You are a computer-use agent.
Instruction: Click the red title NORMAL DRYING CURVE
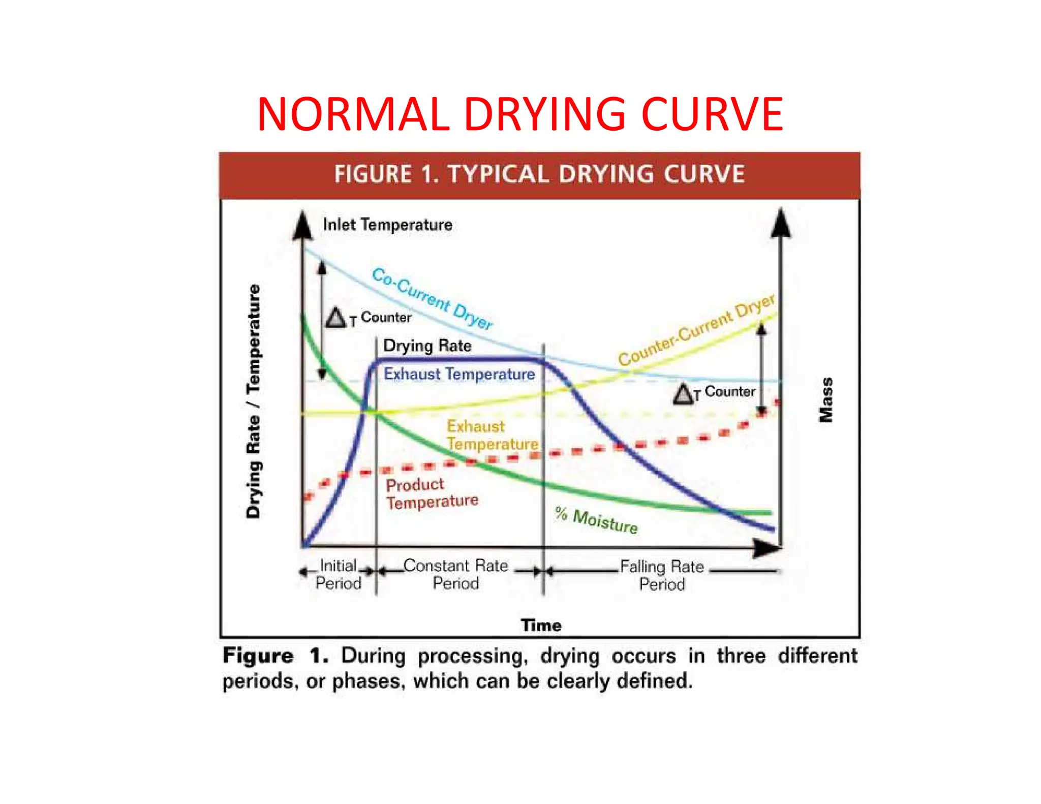pos(519,114)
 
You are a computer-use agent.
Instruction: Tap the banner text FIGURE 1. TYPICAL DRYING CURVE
pos(539,174)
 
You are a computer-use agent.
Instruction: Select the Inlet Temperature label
pos(387,225)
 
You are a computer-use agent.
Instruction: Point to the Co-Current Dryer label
pos(433,299)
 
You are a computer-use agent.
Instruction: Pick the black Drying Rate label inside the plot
pos(427,346)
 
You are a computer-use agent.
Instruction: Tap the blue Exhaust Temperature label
pos(459,374)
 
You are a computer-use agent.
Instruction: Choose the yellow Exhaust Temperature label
pos(492,435)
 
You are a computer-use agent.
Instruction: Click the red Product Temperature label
pos(432,493)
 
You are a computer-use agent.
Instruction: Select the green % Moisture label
pos(596,520)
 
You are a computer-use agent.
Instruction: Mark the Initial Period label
pos(338,574)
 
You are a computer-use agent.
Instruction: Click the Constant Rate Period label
pos(455,574)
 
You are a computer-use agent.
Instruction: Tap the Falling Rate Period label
pos(662,575)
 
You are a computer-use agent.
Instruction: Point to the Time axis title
pos(541,625)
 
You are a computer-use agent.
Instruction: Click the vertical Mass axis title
pos(826,399)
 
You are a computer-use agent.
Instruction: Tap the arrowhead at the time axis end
pos(767,548)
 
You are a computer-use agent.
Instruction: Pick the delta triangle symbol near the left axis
pos(335,318)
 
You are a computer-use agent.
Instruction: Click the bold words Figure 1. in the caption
pos(275,656)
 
